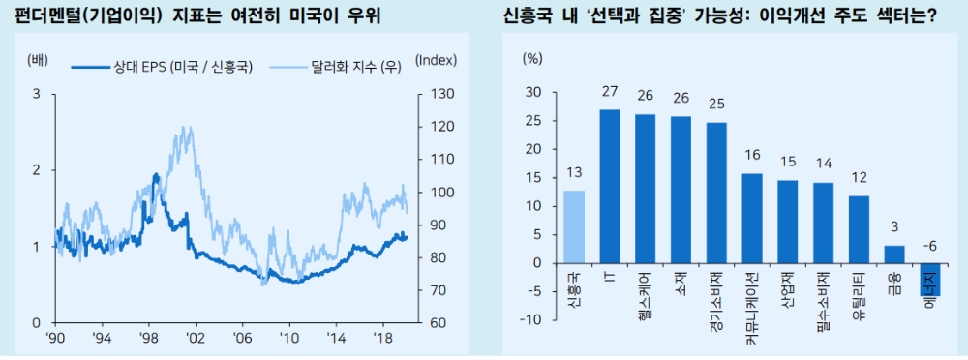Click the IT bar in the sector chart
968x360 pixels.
pyautogui.click(x=610, y=186)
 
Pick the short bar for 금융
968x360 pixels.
pyautogui.click(x=894, y=254)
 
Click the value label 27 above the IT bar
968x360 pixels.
pyautogui.click(x=610, y=92)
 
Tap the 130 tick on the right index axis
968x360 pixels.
pyautogui.click(x=434, y=94)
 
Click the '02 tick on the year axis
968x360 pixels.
pyautogui.click(x=197, y=339)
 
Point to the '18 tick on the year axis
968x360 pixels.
pyautogui.click(x=381, y=339)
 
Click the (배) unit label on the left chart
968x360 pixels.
pyautogui.click(x=36, y=59)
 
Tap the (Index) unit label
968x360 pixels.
pyautogui.click(x=436, y=59)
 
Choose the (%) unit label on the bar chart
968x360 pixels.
pyautogui.click(x=533, y=58)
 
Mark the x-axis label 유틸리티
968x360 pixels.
pyautogui.click(x=858, y=299)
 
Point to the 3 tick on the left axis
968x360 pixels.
pyautogui.click(x=36, y=94)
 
